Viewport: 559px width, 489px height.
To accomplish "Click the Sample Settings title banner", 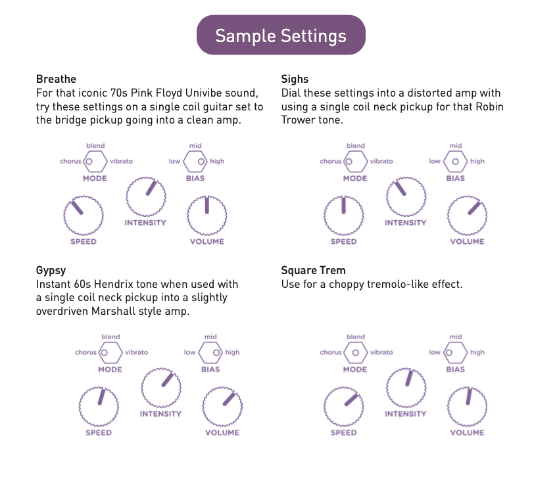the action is click(x=281, y=35).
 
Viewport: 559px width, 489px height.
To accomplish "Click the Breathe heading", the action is click(x=56, y=79).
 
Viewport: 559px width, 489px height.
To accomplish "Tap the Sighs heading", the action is click(x=295, y=79).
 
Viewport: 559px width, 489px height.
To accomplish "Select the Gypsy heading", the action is click(x=51, y=271).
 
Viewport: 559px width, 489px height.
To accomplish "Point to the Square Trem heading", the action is click(x=313, y=270).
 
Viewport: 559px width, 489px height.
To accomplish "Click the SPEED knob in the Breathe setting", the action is click(x=84, y=216).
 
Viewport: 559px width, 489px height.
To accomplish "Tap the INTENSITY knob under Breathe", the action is click(x=146, y=197).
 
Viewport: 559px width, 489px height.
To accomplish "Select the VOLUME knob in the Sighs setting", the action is click(x=467, y=216).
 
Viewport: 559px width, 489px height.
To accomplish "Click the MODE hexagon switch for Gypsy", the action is click(x=110, y=352).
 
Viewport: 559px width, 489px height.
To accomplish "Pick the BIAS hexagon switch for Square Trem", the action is click(x=455, y=352).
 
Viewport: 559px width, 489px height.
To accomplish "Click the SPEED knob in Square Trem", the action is click(x=344, y=406).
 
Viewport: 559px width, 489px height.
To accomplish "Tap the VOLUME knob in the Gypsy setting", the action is click(x=222, y=406).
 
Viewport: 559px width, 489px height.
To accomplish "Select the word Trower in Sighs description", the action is click(x=298, y=120).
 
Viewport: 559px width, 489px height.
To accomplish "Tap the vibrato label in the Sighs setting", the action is click(x=381, y=161).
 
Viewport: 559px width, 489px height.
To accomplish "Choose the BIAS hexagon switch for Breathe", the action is click(x=195, y=162).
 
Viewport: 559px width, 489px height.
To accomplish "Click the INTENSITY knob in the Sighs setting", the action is click(x=406, y=197).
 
